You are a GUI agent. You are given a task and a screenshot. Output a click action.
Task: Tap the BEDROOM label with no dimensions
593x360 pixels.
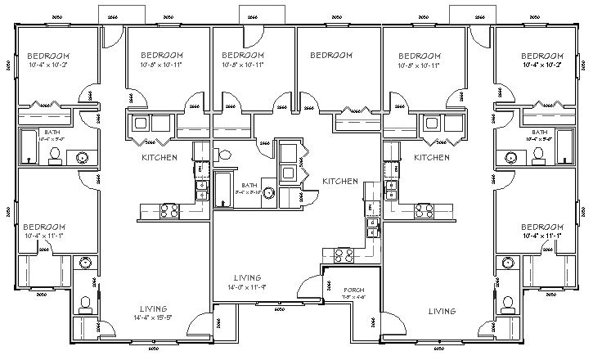coord(332,56)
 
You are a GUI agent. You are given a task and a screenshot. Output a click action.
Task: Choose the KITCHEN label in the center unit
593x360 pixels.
coord(339,181)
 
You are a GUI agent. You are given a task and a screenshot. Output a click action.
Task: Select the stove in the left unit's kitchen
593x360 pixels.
coord(169,210)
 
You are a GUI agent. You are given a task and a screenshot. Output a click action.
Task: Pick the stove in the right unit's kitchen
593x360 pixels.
coord(424,210)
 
